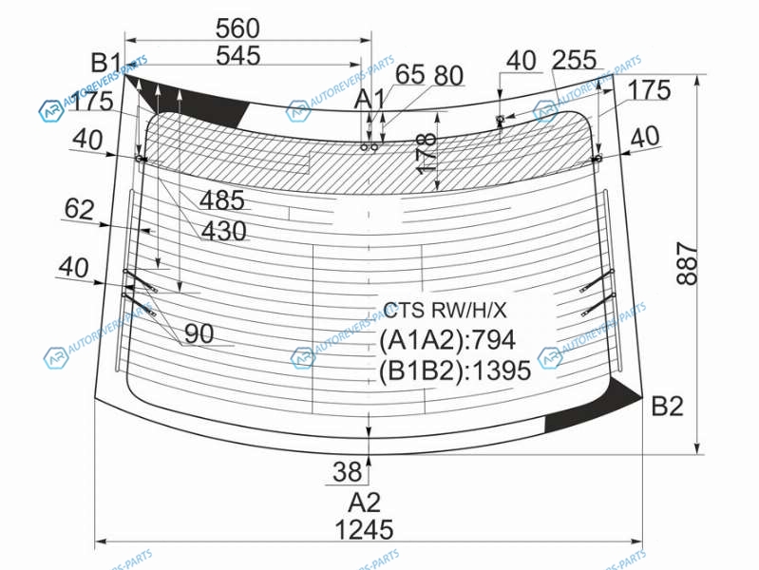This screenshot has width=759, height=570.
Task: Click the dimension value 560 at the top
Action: pyautogui.click(x=237, y=28)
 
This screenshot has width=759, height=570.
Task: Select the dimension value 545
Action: pyautogui.click(x=238, y=56)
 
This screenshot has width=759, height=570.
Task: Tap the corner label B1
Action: pyautogui.click(x=106, y=64)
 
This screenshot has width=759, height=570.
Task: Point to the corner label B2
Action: pyautogui.click(x=668, y=406)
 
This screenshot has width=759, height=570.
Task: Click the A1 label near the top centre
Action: pyautogui.click(x=370, y=100)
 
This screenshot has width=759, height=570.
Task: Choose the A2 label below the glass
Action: pyautogui.click(x=365, y=503)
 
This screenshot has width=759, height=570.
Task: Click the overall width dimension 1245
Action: pyautogui.click(x=364, y=529)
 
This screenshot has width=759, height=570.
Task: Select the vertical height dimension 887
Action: pyautogui.click(x=687, y=264)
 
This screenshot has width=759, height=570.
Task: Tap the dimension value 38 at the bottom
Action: pyautogui.click(x=347, y=471)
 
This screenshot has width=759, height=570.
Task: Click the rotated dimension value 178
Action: pyautogui.click(x=426, y=153)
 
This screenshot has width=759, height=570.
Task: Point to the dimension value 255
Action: pyautogui.click(x=574, y=60)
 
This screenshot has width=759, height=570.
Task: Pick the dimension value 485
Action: pyautogui.click(x=222, y=200)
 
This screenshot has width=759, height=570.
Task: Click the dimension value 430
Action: pyautogui.click(x=223, y=231)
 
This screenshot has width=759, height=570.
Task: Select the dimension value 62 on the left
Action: pyautogui.click(x=79, y=210)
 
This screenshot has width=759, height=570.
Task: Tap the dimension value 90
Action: pyautogui.click(x=199, y=333)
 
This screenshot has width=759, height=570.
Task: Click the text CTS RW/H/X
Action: pyautogui.click(x=445, y=310)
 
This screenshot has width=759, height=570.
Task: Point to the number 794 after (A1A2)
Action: pyautogui.click(x=493, y=340)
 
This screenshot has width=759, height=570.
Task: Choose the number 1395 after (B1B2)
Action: pyautogui.click(x=502, y=370)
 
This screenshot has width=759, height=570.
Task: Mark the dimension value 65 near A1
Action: pyautogui.click(x=410, y=75)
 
